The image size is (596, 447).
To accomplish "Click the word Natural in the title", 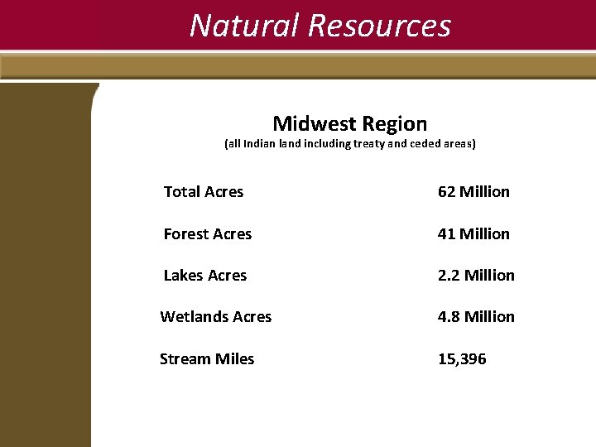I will [x=245, y=26].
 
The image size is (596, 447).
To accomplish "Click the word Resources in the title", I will [x=379, y=26].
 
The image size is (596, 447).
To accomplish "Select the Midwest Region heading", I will [x=350, y=124].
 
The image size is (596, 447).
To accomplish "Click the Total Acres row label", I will [x=204, y=192].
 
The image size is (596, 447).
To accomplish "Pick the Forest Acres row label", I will [x=208, y=234].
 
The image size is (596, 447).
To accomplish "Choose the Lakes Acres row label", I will [x=205, y=276].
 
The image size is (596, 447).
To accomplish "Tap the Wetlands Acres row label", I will [x=216, y=317].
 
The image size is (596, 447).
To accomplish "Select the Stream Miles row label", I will [x=207, y=359].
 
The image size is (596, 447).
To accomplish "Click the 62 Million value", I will [x=473, y=192].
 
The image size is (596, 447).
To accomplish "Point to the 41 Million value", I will [x=473, y=234].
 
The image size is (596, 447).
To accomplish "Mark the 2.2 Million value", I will [x=476, y=276].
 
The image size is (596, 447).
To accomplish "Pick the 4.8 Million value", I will [x=476, y=317].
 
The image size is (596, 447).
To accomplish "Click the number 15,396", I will [x=462, y=359].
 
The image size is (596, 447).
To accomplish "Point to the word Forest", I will [x=186, y=234].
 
